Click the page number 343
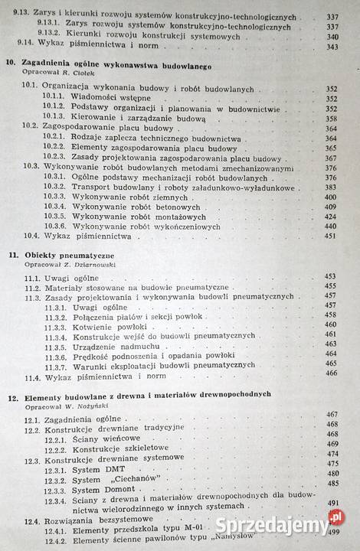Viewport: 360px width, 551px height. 331,47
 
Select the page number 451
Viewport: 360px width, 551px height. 331,236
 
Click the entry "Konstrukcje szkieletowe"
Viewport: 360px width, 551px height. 122,452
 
